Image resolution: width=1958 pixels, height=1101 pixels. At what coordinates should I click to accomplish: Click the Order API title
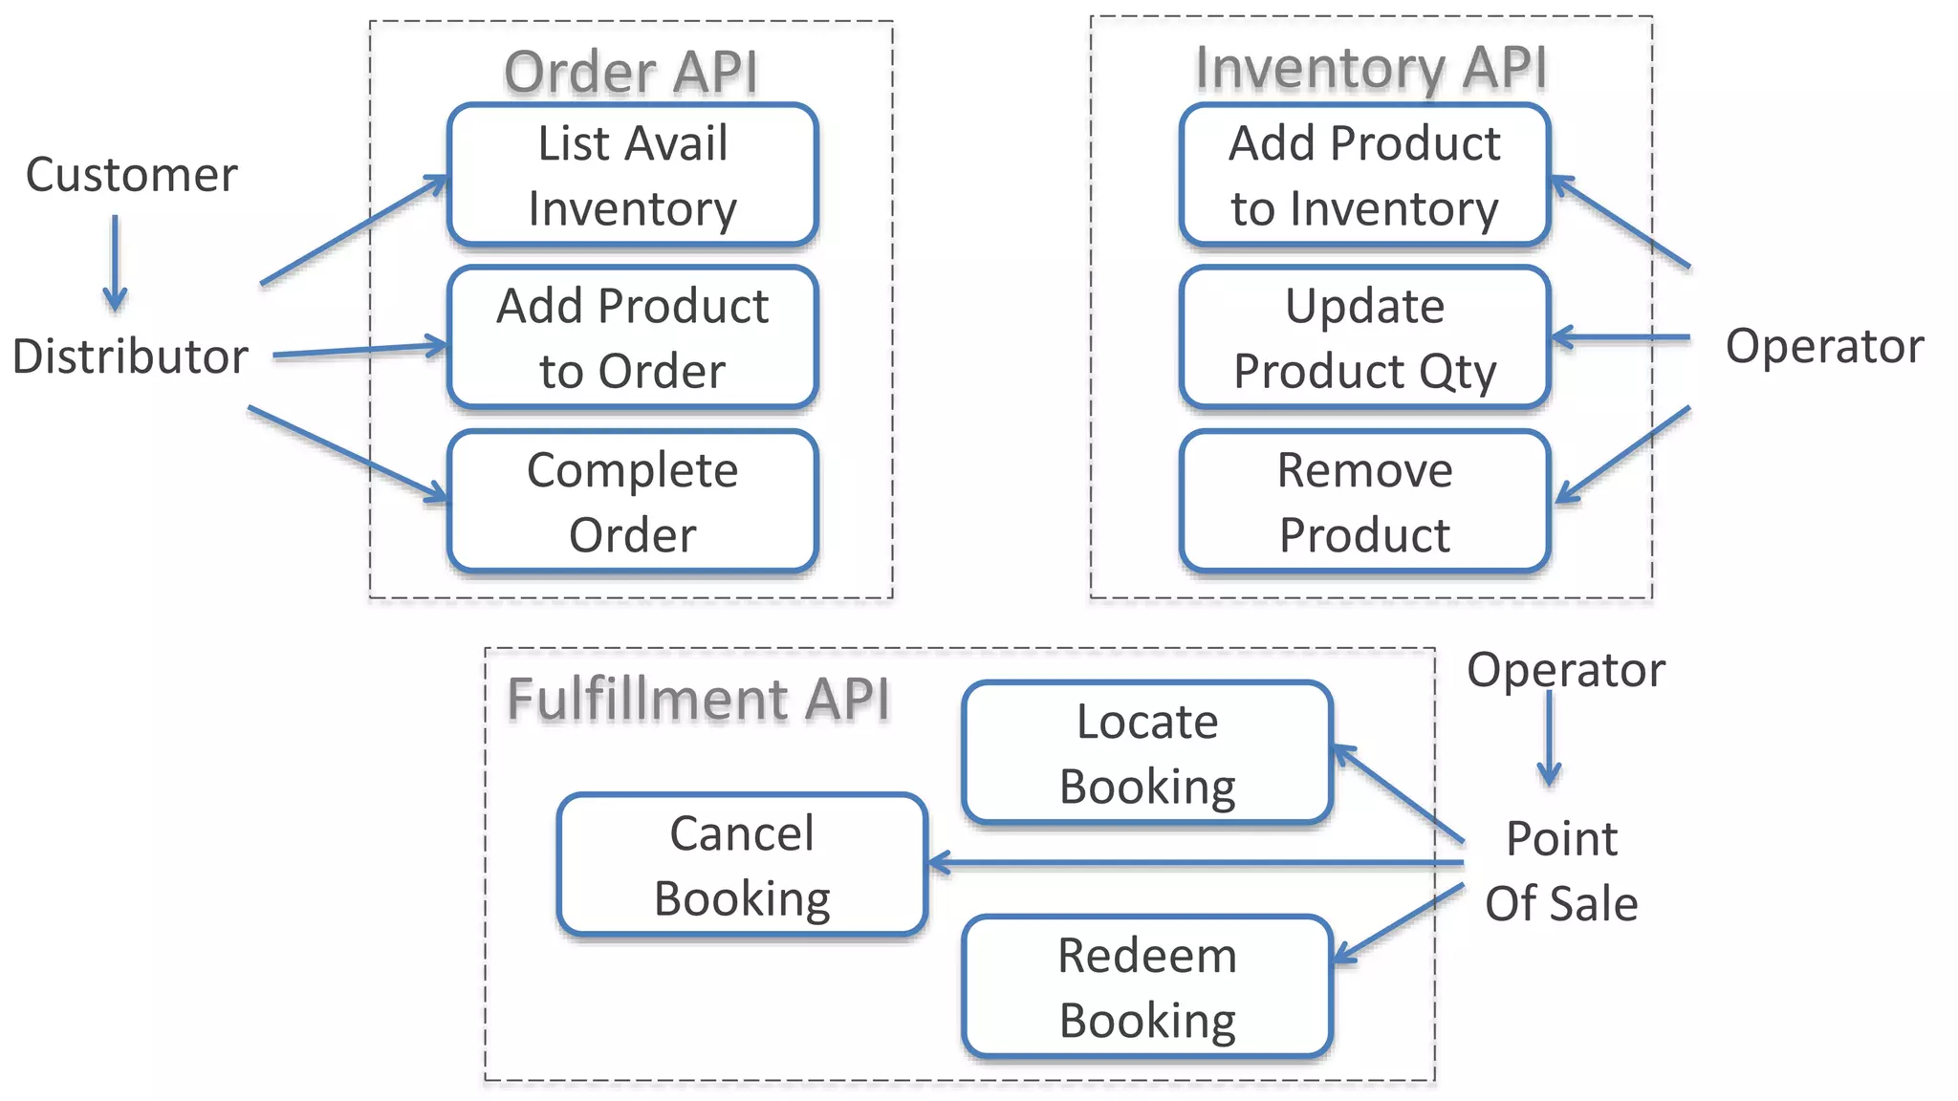(631, 73)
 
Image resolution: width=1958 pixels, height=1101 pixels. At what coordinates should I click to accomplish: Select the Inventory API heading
(1370, 68)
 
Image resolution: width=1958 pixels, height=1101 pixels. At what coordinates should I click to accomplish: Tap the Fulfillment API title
(698, 699)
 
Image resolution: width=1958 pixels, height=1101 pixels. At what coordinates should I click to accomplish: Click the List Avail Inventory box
(632, 176)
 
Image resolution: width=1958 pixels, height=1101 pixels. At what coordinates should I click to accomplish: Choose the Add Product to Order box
(632, 338)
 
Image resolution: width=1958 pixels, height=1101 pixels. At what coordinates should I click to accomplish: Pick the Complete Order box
(632, 502)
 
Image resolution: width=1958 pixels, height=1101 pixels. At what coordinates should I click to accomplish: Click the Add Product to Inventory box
(1364, 176)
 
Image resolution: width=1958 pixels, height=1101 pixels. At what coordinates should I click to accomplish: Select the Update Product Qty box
(1364, 338)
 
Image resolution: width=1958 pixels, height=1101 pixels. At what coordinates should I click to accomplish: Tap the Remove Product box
(1364, 502)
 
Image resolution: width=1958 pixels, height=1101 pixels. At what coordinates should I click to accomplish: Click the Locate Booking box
(1147, 753)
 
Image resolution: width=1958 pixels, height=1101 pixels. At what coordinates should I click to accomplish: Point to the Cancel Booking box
(742, 865)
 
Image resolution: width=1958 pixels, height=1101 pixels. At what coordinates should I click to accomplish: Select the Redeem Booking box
(1147, 987)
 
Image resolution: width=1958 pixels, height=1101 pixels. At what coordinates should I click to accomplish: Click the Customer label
(131, 175)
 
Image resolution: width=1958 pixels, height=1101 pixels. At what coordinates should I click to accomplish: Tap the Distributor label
(130, 356)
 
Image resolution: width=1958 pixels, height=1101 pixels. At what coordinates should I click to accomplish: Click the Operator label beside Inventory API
(1824, 346)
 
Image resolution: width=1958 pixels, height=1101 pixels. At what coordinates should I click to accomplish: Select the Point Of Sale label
(1561, 871)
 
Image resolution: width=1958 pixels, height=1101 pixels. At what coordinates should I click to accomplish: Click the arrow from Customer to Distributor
(116, 263)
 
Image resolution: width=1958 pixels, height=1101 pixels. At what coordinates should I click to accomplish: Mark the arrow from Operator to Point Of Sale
(1549, 738)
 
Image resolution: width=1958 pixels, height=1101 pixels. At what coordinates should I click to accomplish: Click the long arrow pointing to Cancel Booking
(1195, 864)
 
